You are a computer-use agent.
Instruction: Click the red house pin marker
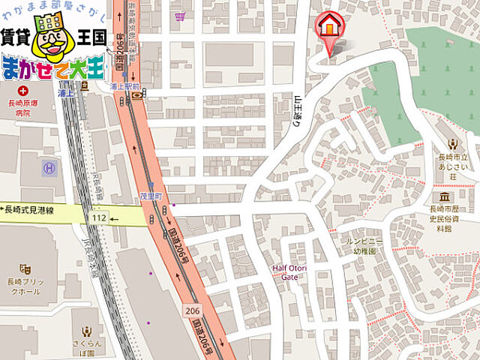click(328, 28)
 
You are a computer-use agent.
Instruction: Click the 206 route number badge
click(191, 309)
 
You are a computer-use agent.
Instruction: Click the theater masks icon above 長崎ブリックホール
click(25, 267)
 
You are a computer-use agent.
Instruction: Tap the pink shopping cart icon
click(180, 15)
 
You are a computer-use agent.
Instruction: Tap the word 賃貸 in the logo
click(16, 34)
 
